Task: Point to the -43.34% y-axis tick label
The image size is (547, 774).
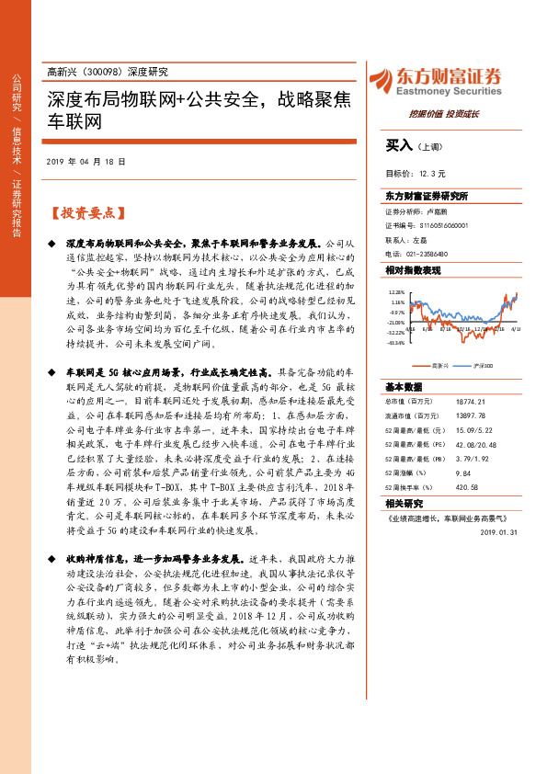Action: pyautogui.click(x=395, y=344)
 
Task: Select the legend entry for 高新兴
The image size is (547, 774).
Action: pyautogui.click(x=440, y=364)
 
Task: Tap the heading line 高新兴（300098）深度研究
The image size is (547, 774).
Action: pyautogui.click(x=107, y=72)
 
